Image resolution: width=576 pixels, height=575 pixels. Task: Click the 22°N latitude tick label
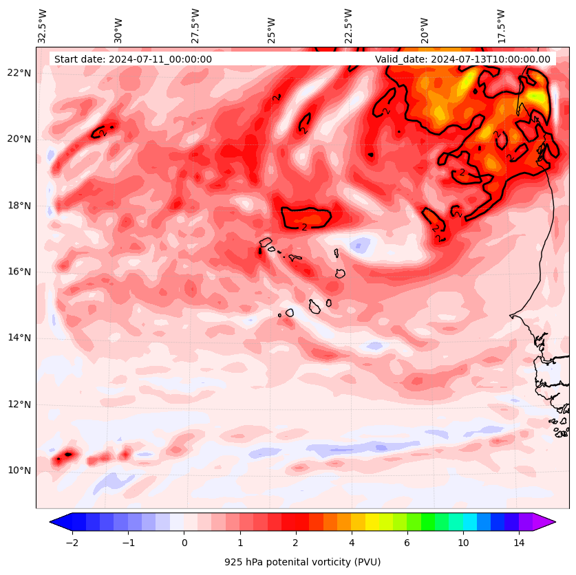[19, 73]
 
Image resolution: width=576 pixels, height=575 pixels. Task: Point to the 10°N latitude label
[19, 470]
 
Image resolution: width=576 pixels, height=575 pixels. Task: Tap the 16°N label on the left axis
[19, 272]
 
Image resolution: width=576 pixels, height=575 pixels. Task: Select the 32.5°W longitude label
[43, 26]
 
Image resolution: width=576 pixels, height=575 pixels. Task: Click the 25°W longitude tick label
[273, 30]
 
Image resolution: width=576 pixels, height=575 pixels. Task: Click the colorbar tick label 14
[519, 543]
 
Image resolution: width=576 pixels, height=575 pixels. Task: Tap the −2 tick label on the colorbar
[72, 543]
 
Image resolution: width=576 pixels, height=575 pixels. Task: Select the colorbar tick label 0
[184, 543]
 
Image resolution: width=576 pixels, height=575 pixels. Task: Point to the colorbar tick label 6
[407, 543]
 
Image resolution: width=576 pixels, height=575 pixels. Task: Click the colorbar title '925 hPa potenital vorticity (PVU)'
[302, 562]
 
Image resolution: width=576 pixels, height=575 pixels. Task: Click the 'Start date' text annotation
[133, 59]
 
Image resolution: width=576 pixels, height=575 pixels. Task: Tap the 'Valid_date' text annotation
[462, 59]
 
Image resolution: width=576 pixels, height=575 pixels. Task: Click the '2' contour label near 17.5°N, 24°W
[304, 226]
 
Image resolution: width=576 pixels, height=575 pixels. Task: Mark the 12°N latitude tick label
[19, 404]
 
